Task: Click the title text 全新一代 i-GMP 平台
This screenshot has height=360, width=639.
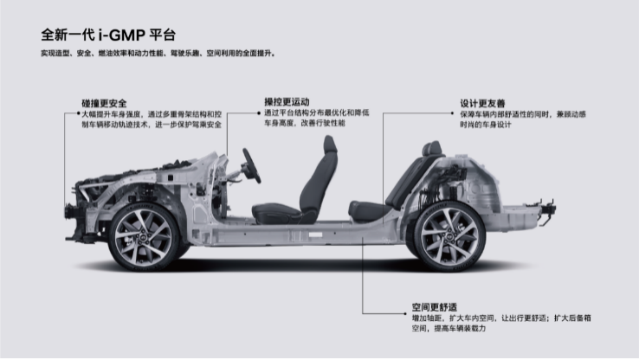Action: coord(108,35)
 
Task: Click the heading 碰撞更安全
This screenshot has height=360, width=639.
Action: coord(104,104)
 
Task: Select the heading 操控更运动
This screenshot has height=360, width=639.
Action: coord(287,102)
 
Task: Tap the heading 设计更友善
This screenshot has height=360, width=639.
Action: coord(482,104)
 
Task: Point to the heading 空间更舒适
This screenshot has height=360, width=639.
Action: coord(435,307)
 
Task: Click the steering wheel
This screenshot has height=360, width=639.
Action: coord(251,166)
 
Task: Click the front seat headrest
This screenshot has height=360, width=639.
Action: coord(330,145)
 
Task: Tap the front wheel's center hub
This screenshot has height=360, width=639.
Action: coord(144,236)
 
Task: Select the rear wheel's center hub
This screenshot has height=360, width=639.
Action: coord(449,236)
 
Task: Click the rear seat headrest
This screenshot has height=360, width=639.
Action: coord(432,148)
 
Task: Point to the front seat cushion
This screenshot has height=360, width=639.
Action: coord(277,213)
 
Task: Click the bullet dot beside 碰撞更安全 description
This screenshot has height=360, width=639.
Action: coord(79,113)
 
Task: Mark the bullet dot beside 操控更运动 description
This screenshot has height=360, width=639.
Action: coord(259,112)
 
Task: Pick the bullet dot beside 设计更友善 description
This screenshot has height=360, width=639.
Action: coord(452,113)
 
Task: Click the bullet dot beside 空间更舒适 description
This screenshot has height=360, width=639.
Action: coord(405,314)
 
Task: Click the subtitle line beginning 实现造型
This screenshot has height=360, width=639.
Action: coord(158,54)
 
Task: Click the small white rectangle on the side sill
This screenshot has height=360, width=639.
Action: coord(315,235)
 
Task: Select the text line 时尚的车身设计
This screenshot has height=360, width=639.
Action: coord(486,125)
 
